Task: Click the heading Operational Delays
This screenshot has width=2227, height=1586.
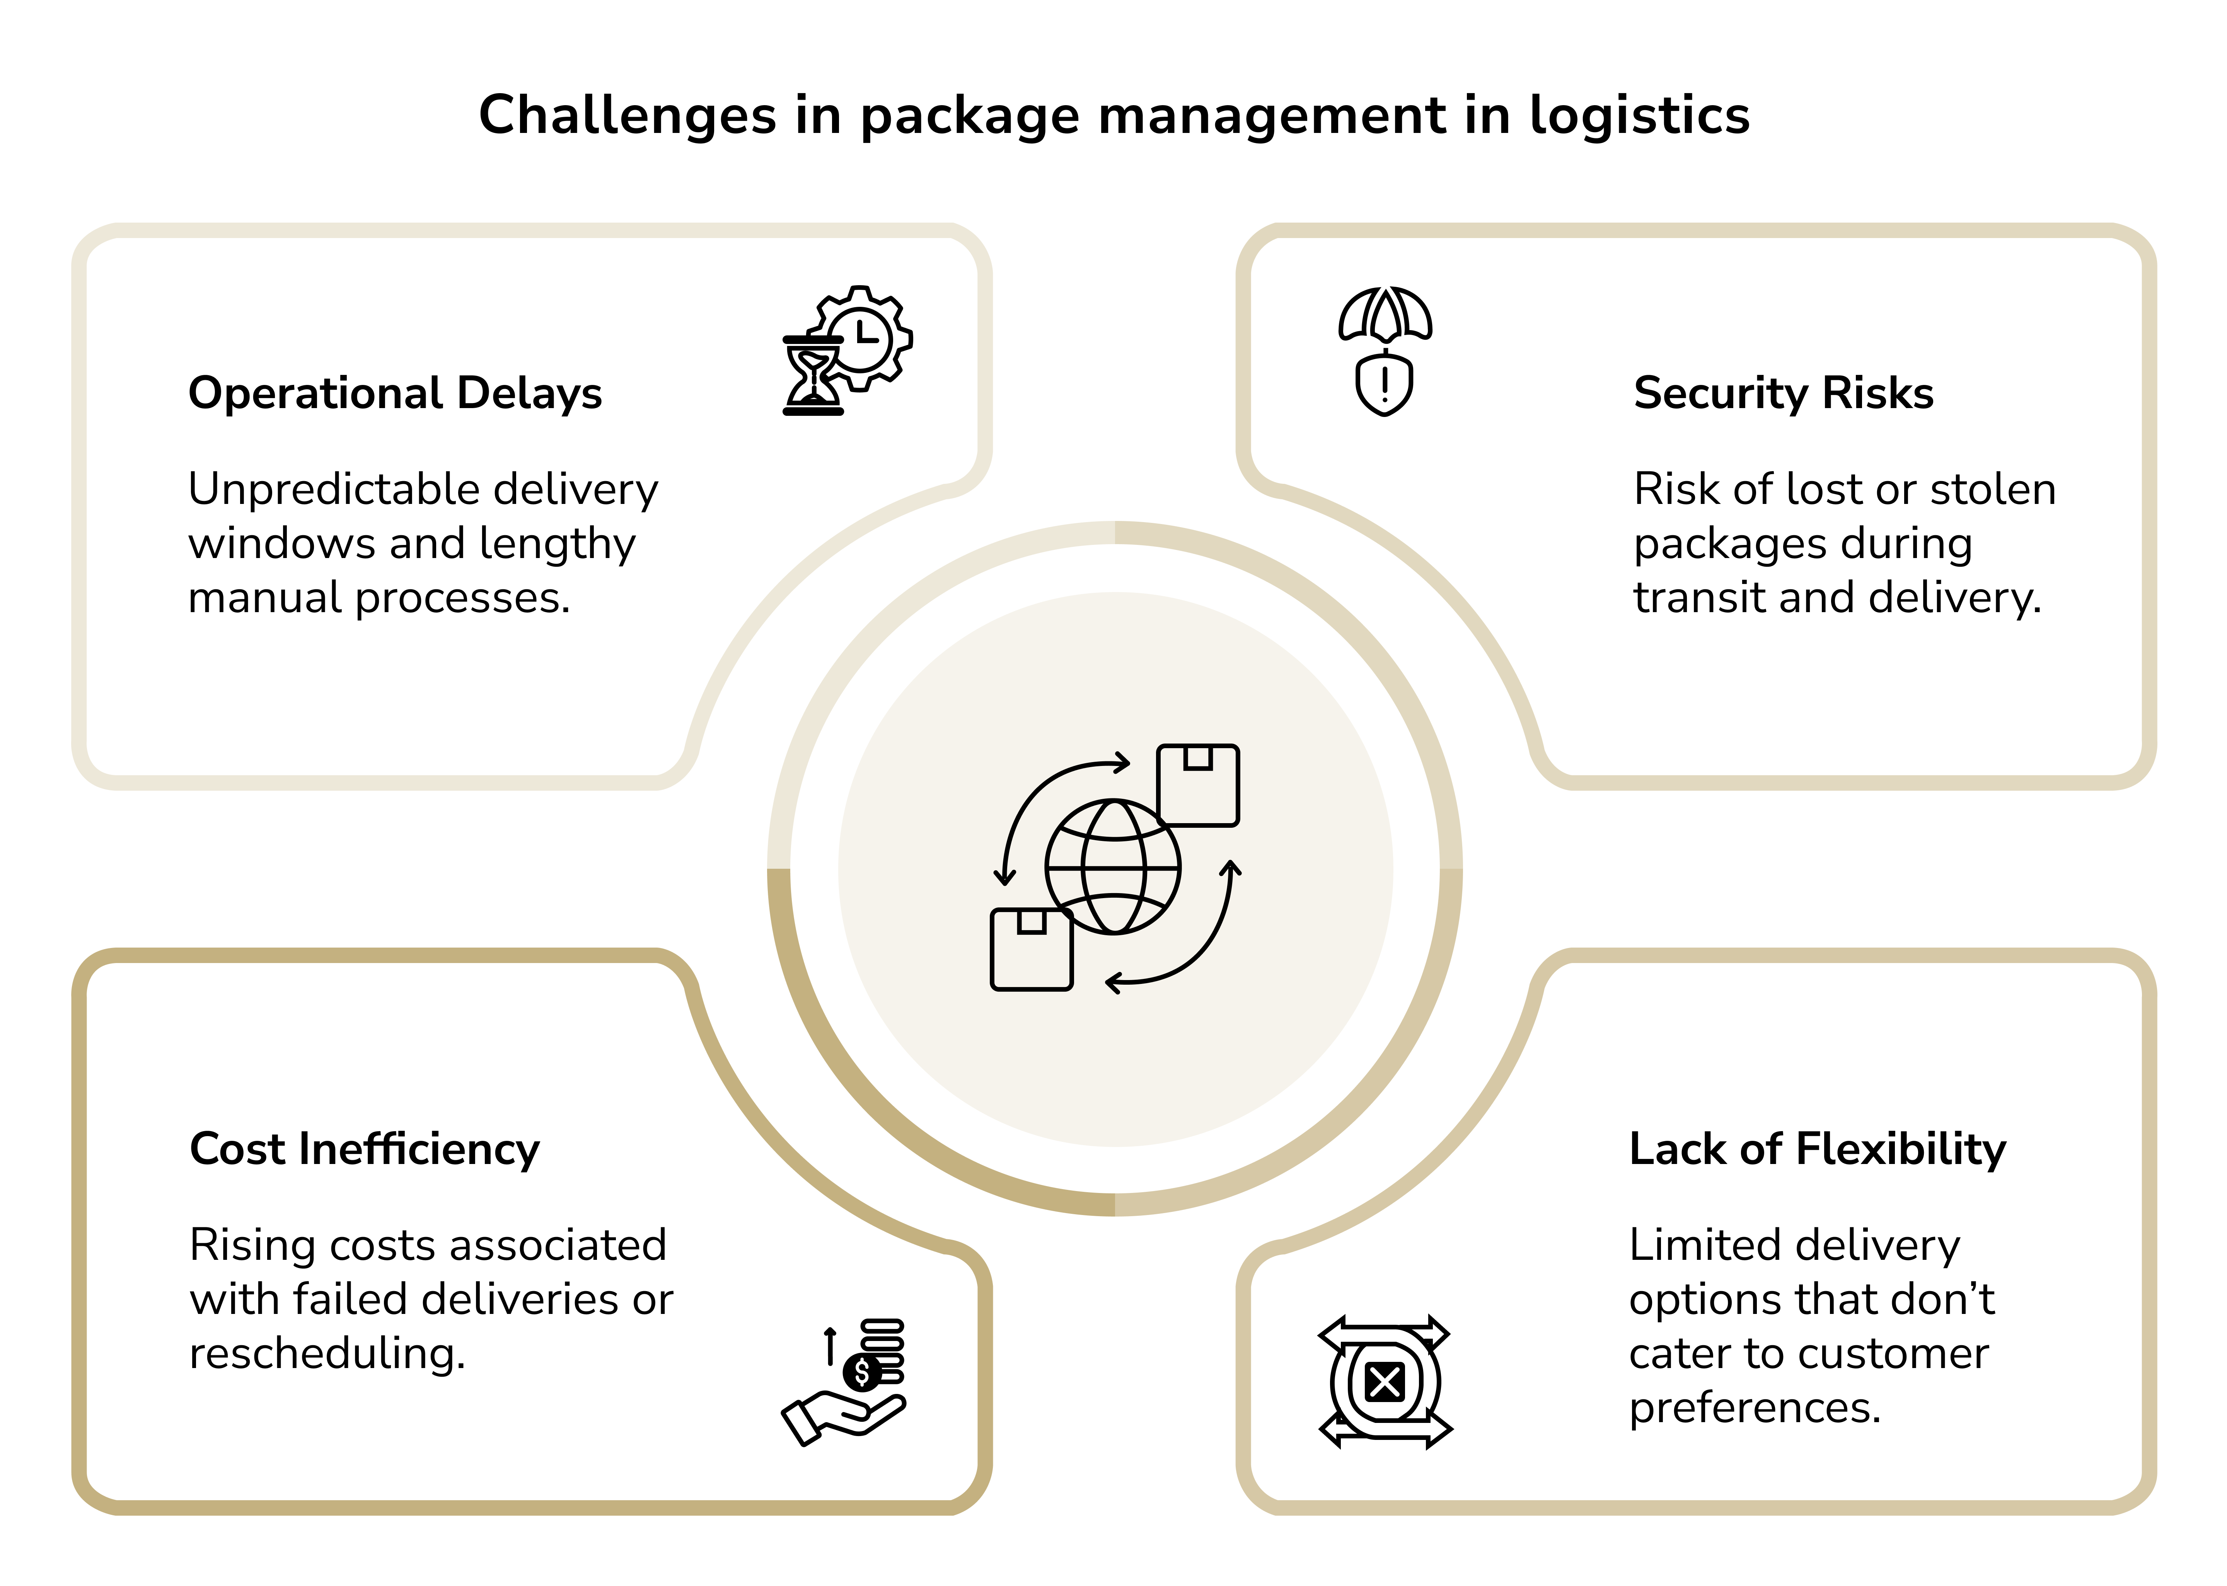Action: [x=395, y=393]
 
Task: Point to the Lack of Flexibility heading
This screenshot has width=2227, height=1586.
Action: [x=1817, y=1149]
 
